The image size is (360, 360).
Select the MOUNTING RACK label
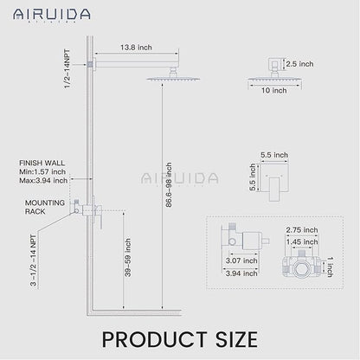click(41, 208)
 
